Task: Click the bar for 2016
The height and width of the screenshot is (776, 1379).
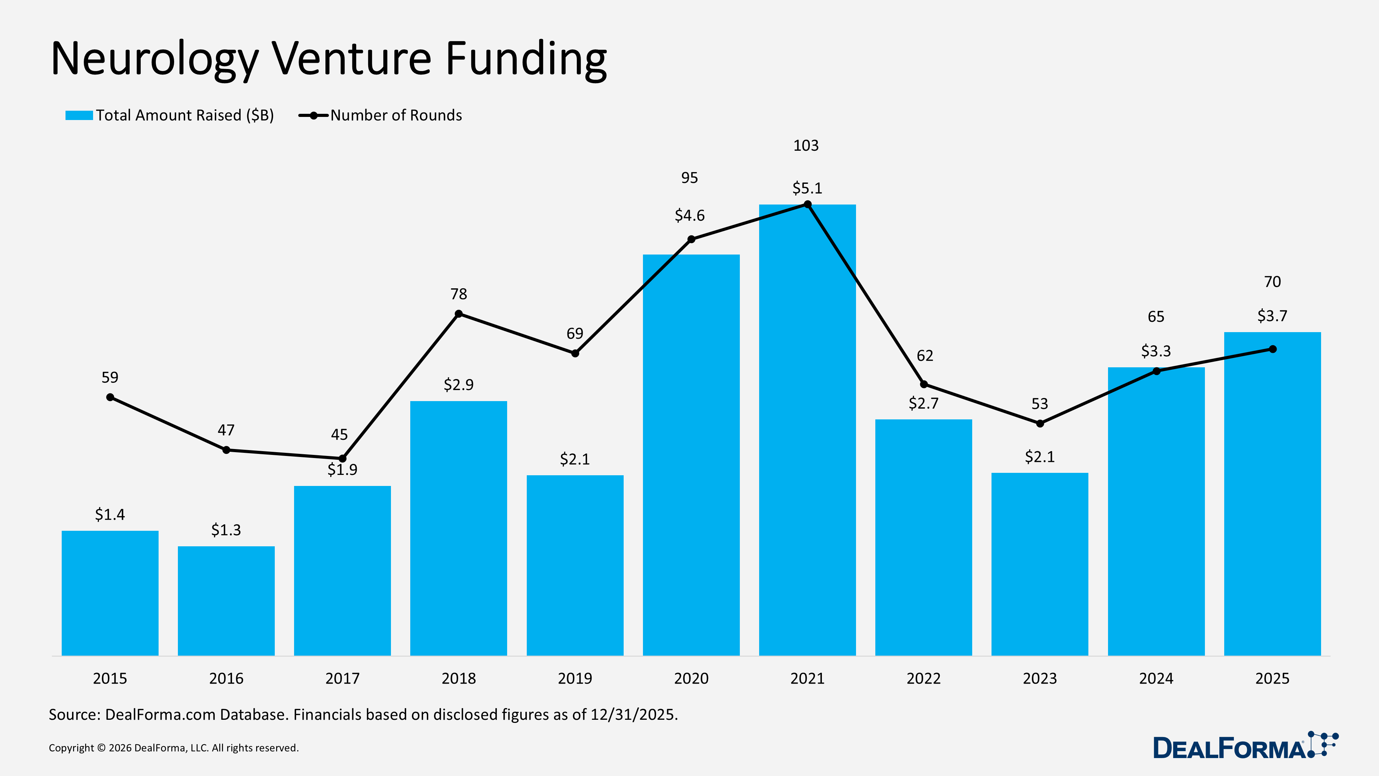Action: tap(226, 600)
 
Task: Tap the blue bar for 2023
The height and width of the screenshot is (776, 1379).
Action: tap(1040, 562)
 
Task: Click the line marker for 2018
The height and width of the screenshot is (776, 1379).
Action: tap(459, 314)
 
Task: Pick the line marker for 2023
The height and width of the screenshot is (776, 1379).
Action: tap(1040, 424)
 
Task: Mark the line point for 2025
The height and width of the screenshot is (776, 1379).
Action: tap(1272, 349)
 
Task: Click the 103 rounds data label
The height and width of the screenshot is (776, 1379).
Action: tap(806, 146)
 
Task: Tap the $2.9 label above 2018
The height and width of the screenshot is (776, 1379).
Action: tap(459, 385)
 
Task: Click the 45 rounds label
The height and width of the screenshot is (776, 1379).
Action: tap(339, 434)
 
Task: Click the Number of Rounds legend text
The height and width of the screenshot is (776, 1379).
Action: tap(396, 116)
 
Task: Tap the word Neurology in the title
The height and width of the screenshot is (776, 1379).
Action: tap(155, 59)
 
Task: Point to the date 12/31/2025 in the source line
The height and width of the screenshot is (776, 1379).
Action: tap(633, 715)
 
